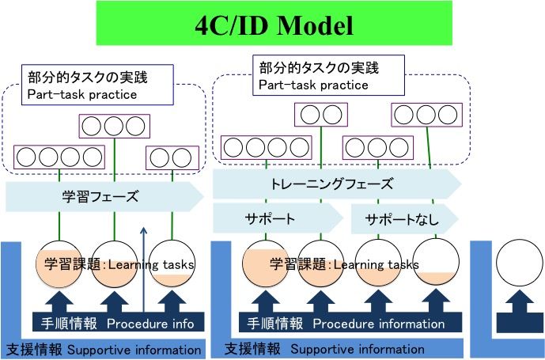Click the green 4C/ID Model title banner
point(272,24)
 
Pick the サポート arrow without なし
point(270,218)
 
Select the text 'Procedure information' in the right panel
point(378,323)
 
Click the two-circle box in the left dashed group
point(171,157)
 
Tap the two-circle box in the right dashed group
point(320,116)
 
